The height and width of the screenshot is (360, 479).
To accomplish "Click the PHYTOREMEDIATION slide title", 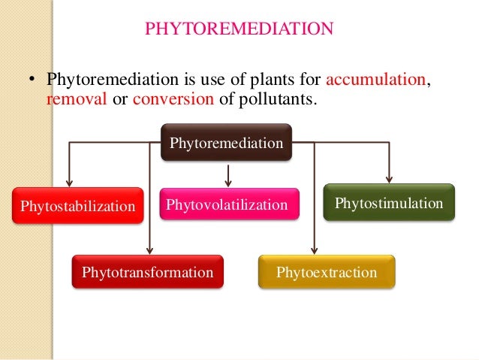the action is tap(239, 29).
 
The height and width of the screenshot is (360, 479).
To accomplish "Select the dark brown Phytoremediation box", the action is tap(227, 142).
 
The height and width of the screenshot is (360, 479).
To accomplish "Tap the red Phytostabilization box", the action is tap(77, 206).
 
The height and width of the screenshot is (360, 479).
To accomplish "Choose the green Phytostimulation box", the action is tap(388, 203).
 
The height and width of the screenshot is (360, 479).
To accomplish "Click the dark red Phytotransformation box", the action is tap(147, 272).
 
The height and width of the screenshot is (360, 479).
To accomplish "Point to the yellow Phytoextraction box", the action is tap(326, 272).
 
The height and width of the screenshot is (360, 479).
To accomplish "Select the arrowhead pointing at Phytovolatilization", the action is tap(227, 183).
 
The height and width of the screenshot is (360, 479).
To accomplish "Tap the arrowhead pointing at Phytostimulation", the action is tap(389, 179).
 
